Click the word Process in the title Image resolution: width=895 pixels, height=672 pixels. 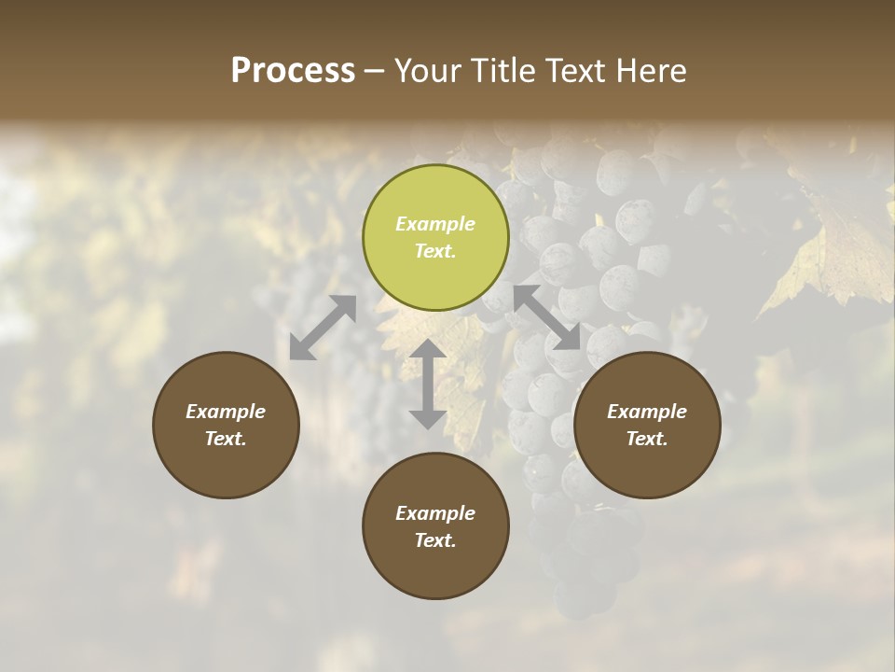(x=293, y=71)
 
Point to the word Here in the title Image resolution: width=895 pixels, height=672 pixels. (x=653, y=71)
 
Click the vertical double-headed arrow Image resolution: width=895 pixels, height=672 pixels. (x=428, y=384)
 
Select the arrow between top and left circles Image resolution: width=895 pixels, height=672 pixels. (x=323, y=328)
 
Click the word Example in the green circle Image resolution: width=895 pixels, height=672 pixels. (x=435, y=224)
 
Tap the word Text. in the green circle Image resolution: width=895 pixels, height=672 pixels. (x=435, y=251)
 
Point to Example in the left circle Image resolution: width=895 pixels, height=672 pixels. (x=226, y=412)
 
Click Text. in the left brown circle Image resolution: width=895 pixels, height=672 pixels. (x=226, y=439)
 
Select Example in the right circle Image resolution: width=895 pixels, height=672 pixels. (x=647, y=412)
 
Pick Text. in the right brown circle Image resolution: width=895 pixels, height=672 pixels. (x=647, y=439)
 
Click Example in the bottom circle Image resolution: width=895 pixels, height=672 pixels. (x=435, y=513)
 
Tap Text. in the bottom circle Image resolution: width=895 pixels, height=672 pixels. (x=435, y=540)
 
